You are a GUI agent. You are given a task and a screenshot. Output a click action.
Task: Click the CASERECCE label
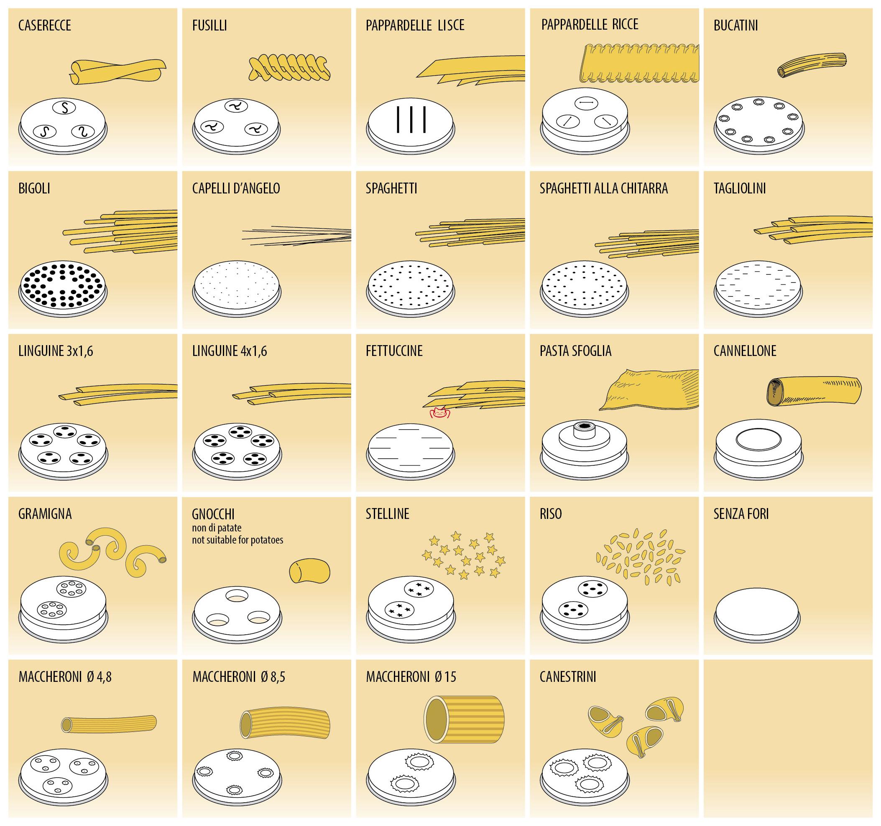click(x=44, y=25)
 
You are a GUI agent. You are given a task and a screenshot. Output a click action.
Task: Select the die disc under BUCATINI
click(x=759, y=125)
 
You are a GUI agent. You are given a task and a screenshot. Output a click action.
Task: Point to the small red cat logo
click(x=439, y=413)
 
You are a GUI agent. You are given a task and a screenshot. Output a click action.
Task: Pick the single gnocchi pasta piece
click(x=310, y=571)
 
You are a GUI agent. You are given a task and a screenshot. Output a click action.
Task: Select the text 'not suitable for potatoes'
click(x=237, y=540)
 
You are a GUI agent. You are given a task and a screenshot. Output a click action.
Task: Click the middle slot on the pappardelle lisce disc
click(x=411, y=119)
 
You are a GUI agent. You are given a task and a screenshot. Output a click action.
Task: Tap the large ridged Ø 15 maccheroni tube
click(x=464, y=720)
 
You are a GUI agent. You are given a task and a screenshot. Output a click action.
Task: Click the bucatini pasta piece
click(x=812, y=65)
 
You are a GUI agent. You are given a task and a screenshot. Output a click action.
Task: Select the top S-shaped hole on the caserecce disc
click(x=65, y=108)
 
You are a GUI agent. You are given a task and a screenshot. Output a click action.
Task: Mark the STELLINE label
click(x=387, y=514)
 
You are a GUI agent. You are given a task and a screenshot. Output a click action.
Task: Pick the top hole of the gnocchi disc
click(x=237, y=596)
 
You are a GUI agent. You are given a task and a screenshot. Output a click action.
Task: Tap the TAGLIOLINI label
click(x=739, y=188)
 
